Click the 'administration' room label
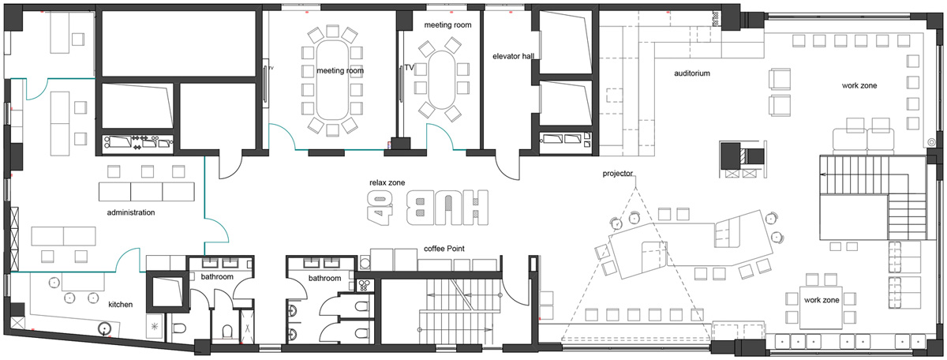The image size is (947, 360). [x=131, y=212]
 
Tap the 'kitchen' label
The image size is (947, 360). [x=121, y=304]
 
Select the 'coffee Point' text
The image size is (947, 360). [x=444, y=249]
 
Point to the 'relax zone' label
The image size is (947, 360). [x=387, y=182]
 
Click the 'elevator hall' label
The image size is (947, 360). [x=513, y=56]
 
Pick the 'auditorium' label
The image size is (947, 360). [x=692, y=73]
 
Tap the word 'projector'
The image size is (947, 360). [x=618, y=174]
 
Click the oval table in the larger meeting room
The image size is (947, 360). [x=332, y=81]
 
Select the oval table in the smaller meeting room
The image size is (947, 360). [x=442, y=80]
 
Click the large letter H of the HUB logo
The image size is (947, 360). [x=473, y=208]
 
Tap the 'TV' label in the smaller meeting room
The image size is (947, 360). [x=409, y=68]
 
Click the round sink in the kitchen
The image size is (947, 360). [x=104, y=328]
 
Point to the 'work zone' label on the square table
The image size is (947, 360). [x=822, y=300]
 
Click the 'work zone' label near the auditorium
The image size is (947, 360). [x=859, y=85]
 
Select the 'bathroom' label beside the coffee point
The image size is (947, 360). [x=324, y=278]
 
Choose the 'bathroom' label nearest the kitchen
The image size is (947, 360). [x=217, y=276]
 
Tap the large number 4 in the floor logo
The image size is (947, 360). [x=380, y=208]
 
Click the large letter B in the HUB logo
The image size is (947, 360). [x=421, y=208]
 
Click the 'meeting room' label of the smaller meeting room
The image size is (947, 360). [x=447, y=25]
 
